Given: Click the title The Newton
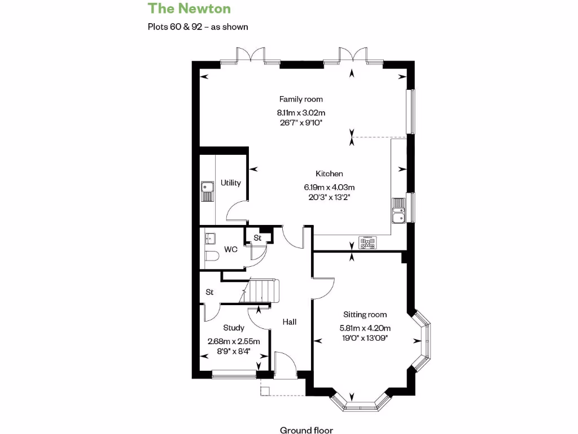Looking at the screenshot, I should click(x=181, y=8).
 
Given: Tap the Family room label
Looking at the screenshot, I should click(x=301, y=99).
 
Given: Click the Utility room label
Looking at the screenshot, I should click(x=230, y=183).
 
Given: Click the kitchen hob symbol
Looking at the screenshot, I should click(x=368, y=244).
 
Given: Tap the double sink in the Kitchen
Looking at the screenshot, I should click(x=399, y=210).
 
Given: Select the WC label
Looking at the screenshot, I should click(x=230, y=249).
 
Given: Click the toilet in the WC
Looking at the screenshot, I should click(x=211, y=257).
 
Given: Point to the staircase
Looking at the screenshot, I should click(x=260, y=291).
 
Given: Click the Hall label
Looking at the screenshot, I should click(x=290, y=322).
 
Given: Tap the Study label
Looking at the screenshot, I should click(x=234, y=328).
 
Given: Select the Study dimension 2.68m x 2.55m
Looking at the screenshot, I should click(x=234, y=341).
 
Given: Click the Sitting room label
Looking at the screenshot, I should click(x=365, y=314).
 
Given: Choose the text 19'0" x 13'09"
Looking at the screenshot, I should click(x=365, y=338).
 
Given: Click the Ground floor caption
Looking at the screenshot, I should click(x=306, y=430).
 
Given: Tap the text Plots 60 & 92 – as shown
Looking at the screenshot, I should click(x=198, y=27).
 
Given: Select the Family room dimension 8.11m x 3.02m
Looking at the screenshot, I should click(x=301, y=112).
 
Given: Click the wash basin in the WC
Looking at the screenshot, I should click(x=210, y=237).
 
